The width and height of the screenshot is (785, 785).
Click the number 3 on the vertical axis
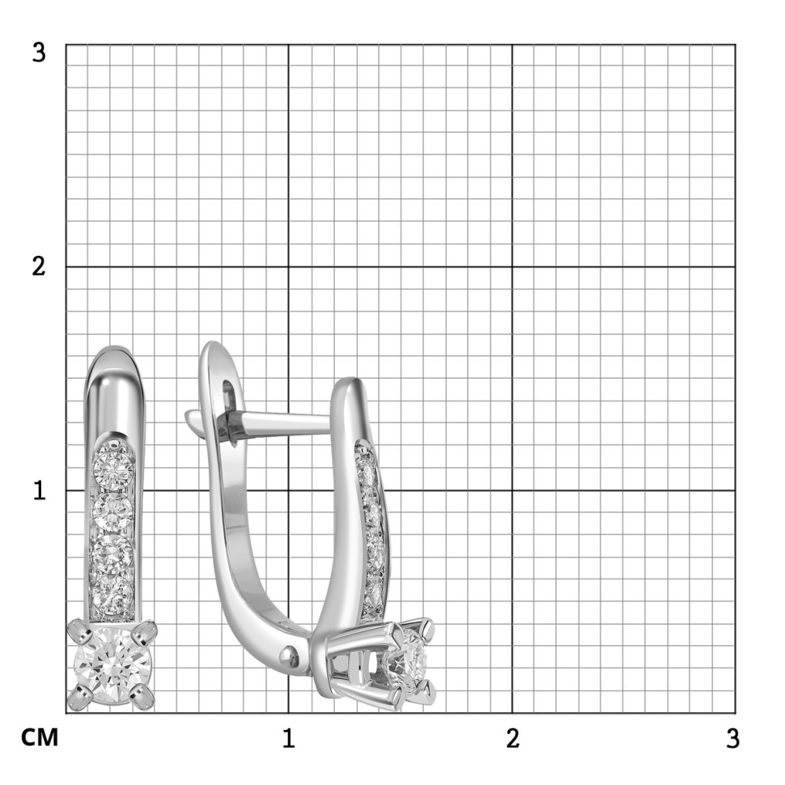(39, 53)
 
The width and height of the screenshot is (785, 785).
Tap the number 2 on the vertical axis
(39, 266)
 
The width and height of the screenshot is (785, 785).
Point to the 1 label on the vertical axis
(40, 490)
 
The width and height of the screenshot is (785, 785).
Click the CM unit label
(40, 737)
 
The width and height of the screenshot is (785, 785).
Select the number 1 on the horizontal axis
(288, 738)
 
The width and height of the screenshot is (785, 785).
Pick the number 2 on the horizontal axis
(512, 738)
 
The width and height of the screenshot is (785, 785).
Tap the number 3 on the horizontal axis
(732, 738)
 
